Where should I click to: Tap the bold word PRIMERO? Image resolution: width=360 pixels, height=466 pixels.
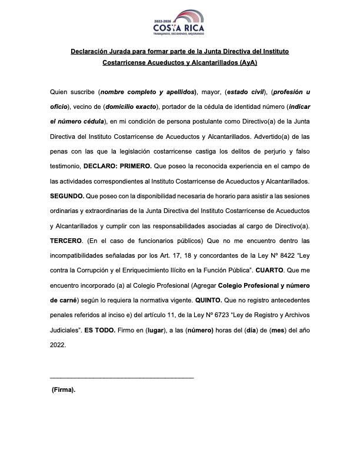click(x=136, y=167)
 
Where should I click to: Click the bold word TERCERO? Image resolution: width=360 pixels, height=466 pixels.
click(x=66, y=241)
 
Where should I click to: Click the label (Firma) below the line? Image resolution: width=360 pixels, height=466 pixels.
click(x=64, y=390)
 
